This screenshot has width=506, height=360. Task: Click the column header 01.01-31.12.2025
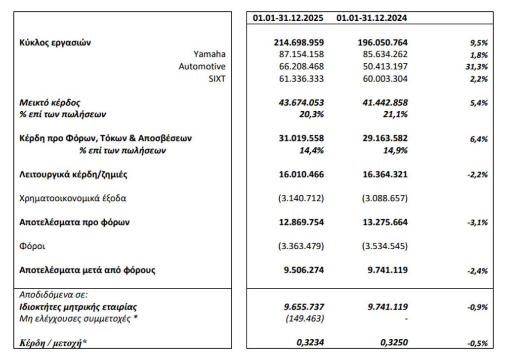click(x=289, y=18)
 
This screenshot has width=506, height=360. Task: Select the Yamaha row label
click(x=210, y=54)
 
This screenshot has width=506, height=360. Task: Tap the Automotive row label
click(x=202, y=66)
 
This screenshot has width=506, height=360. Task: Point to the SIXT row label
click(x=217, y=78)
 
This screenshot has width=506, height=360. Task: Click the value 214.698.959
click(x=299, y=43)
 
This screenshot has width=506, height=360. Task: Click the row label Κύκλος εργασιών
click(x=55, y=43)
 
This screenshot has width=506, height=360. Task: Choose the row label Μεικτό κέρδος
click(x=49, y=102)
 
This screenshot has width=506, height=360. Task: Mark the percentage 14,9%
click(x=396, y=150)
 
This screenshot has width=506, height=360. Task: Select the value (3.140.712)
click(x=300, y=198)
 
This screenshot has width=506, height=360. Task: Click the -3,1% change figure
click(x=477, y=223)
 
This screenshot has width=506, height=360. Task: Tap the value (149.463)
click(x=305, y=318)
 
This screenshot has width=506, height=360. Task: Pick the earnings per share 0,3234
click(x=310, y=342)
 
